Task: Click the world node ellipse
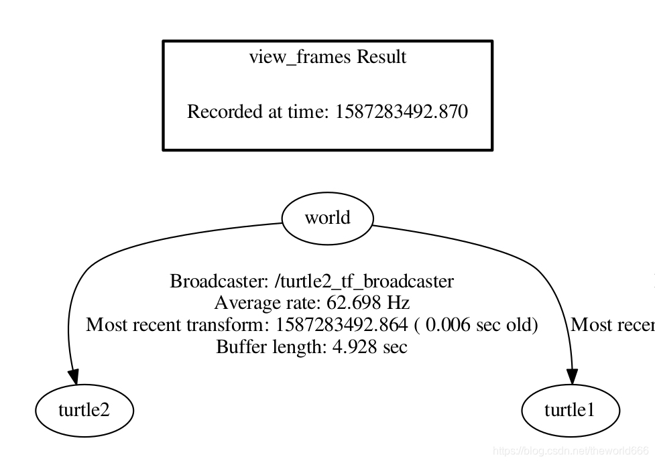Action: click(x=326, y=218)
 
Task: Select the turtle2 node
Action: click(x=84, y=410)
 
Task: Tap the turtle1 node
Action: click(x=570, y=410)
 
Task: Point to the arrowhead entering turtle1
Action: click(x=573, y=377)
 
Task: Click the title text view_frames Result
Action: click(x=327, y=57)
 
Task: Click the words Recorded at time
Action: click(x=257, y=111)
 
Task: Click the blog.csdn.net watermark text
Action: click(x=570, y=452)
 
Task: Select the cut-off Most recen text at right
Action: click(x=612, y=325)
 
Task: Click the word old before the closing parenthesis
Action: click(x=520, y=325)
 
